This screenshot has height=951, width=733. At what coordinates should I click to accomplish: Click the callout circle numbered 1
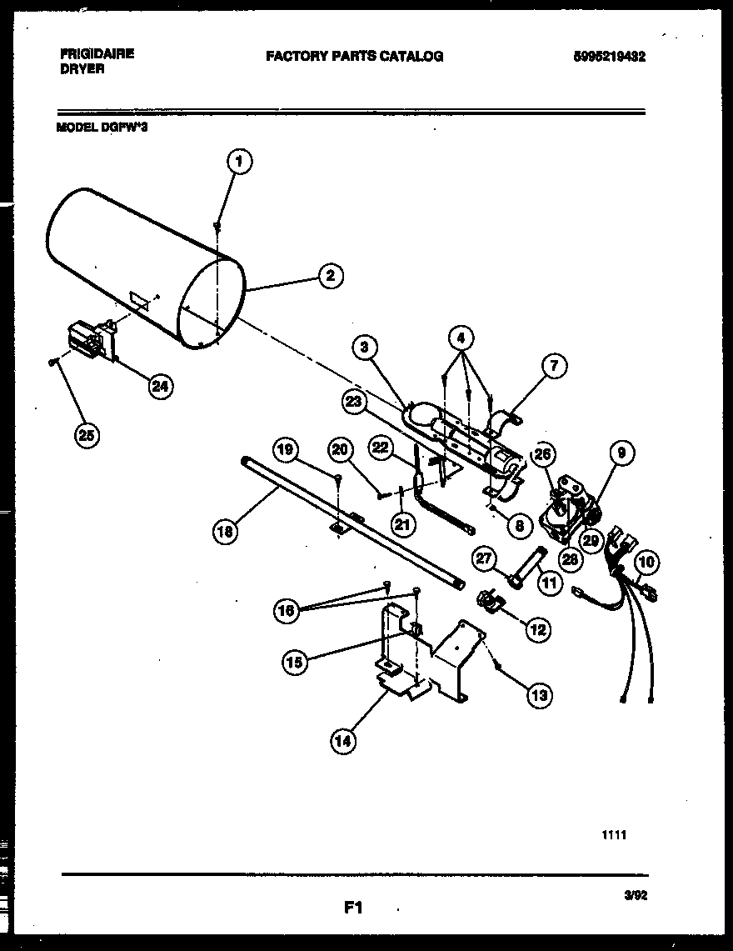238,162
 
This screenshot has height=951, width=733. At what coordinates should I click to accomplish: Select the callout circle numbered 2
331,276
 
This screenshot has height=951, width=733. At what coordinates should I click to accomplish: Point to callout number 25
86,435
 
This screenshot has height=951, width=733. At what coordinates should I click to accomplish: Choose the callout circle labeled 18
226,531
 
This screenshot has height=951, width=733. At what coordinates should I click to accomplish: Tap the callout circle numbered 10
646,563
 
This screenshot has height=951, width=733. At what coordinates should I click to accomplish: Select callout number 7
555,364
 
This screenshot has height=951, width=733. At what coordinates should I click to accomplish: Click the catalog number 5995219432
610,57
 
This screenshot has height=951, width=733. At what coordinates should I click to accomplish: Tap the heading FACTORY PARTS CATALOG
354,57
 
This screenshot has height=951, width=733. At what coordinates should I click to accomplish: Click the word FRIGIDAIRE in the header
97,52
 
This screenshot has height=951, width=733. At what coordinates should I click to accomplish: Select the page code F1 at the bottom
353,907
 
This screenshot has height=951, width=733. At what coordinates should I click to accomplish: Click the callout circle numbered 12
537,629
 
